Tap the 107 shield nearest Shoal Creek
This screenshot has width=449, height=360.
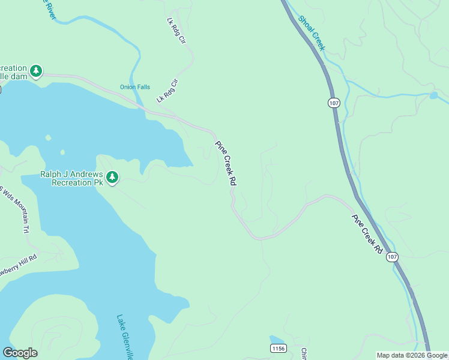click(334, 103)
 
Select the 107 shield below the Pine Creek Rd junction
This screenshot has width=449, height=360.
click(391, 257)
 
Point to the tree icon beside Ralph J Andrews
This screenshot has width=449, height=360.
click(112, 178)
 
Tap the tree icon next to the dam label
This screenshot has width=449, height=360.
click(36, 71)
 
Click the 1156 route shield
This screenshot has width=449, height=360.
click(278, 349)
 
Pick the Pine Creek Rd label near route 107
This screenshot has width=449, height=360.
click(367, 233)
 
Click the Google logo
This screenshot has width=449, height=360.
click(20, 353)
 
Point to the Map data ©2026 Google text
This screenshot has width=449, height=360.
click(412, 355)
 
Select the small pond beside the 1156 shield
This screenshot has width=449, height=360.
click(277, 340)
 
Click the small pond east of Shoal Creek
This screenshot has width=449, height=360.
click(433, 95)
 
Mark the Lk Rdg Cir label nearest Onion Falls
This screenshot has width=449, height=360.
click(167, 91)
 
